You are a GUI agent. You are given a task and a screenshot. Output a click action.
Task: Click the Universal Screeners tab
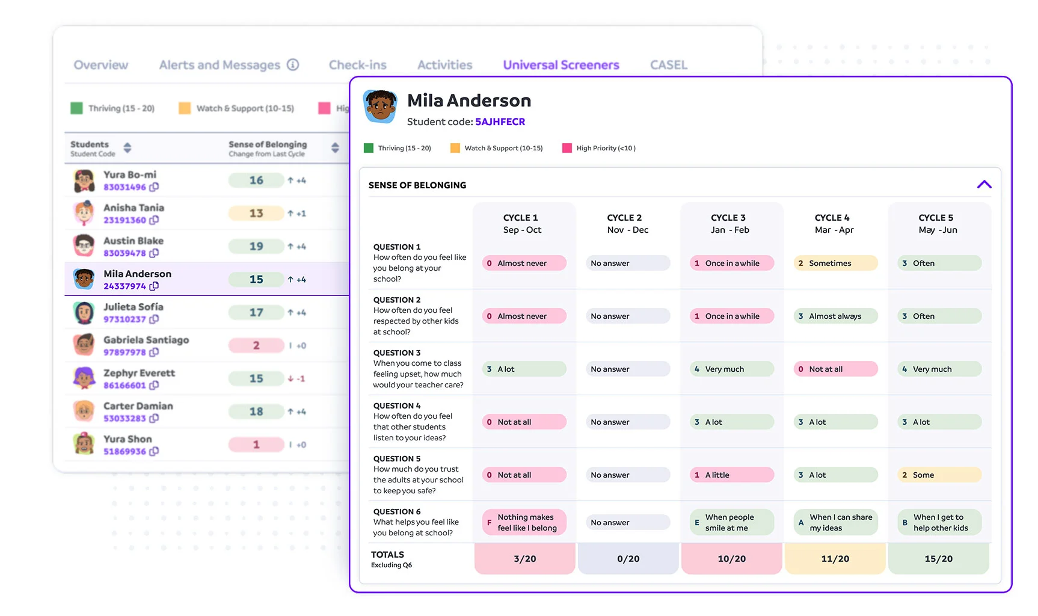[560, 65]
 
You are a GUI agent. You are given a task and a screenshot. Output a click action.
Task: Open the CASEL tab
[668, 65]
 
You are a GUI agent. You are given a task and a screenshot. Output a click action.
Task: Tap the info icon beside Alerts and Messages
[293, 64]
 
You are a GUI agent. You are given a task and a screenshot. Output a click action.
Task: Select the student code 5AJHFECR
[500, 122]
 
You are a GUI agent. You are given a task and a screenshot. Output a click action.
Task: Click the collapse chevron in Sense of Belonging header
[984, 185]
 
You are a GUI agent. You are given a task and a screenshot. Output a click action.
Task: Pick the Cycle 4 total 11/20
[835, 559]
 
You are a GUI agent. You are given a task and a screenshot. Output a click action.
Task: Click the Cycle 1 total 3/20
[524, 559]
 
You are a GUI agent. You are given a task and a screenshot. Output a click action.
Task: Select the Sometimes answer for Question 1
[835, 263]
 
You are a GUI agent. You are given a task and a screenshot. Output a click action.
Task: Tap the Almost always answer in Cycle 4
[835, 316]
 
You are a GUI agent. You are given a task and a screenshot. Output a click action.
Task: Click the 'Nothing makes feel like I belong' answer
[524, 522]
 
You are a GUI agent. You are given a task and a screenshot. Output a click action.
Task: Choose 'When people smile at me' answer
[731, 522]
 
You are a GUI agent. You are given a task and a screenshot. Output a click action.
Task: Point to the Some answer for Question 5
[939, 475]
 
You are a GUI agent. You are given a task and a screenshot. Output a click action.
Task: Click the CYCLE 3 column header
[729, 223]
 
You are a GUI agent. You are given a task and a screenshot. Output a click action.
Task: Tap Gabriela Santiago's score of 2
[256, 345]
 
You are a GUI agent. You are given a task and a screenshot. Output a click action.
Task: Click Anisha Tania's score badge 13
[256, 213]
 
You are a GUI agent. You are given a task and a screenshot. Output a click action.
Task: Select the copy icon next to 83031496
[154, 187]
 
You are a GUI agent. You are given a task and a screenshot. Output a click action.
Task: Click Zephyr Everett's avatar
[84, 378]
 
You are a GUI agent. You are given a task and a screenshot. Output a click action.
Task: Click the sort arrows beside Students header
[127, 148]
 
